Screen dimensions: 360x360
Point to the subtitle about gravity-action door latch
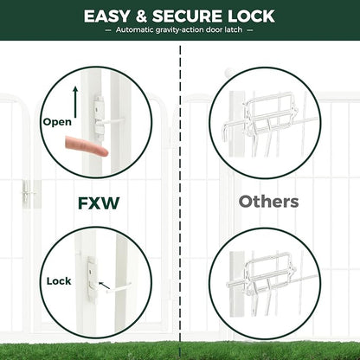tap(180, 30)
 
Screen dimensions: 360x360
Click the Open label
tap(57, 122)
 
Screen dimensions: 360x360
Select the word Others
tap(269, 202)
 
